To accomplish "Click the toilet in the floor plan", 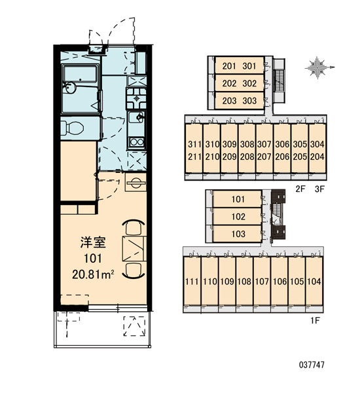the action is coord(73,128).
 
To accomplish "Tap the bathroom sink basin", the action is coord(69,88).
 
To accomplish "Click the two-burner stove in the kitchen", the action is coord(136,142).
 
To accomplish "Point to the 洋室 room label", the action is coord(93,242).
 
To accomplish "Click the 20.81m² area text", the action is coord(93,274).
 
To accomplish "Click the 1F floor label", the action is coord(315,320).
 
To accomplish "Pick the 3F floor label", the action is coord(319,189).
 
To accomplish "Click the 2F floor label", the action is coord(300,189).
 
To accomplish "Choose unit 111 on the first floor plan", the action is coord(192,282).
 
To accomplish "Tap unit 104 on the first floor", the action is coord(314,282).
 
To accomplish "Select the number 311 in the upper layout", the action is coord(194,144).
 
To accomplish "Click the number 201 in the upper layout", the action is coord(229,66).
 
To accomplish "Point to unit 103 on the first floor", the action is coord(238,234).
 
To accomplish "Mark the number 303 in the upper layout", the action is coord(249,101).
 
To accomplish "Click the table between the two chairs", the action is coord(135,248).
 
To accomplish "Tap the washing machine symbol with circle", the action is coord(135,182).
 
